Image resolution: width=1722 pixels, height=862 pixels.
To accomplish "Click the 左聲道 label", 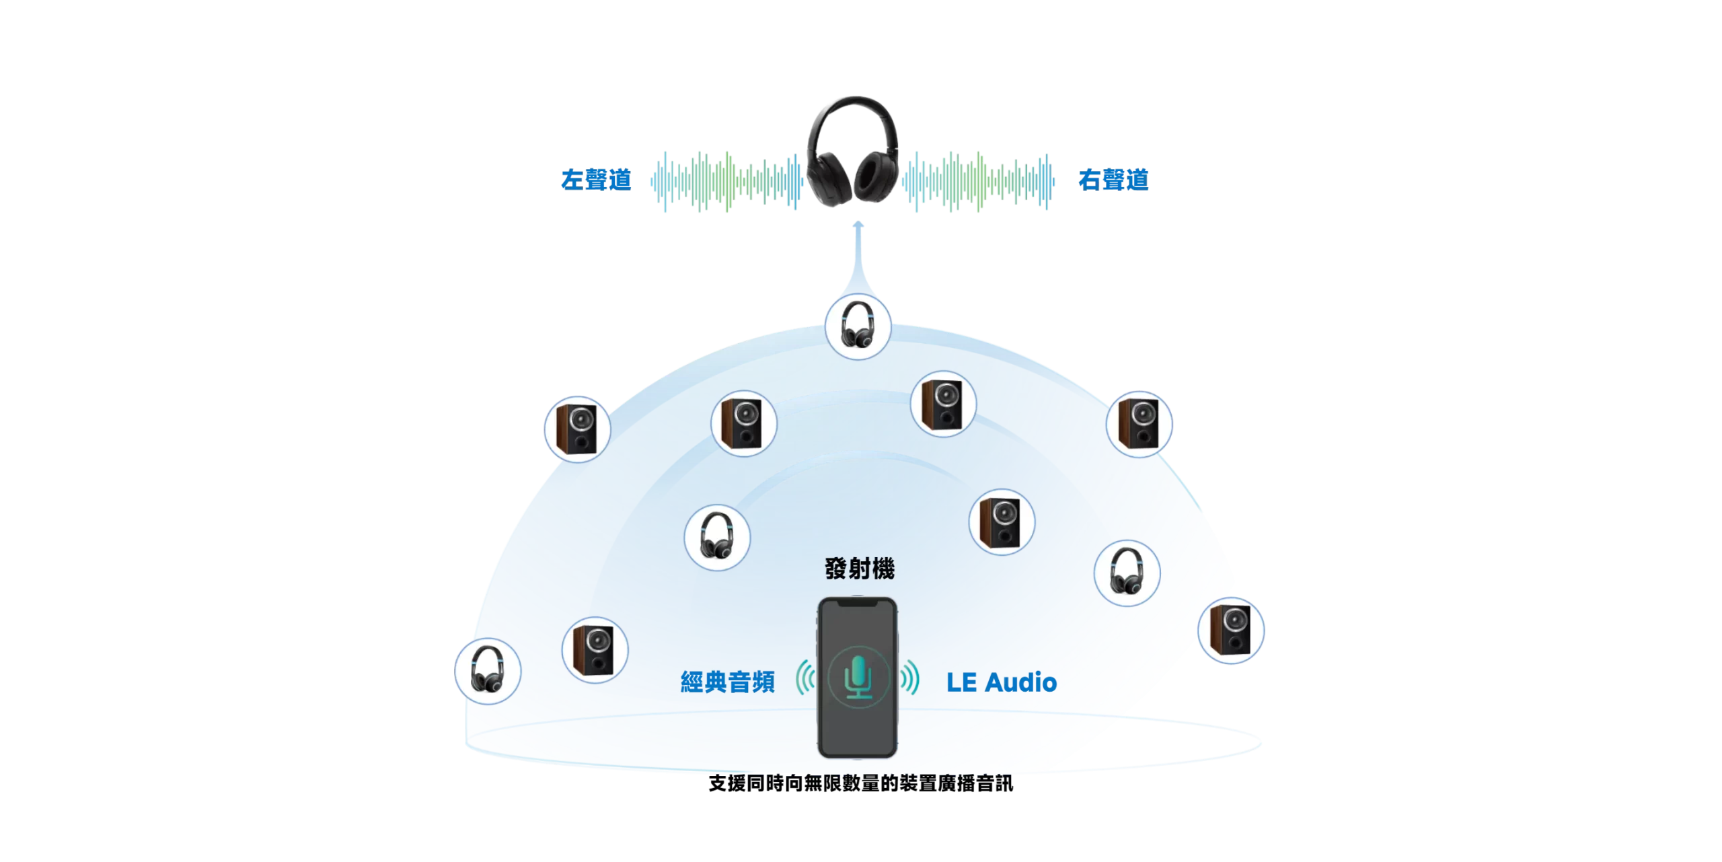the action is (595, 180).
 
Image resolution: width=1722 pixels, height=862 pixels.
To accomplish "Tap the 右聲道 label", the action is (1113, 180).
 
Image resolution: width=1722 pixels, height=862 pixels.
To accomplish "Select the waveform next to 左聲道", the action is (726, 181).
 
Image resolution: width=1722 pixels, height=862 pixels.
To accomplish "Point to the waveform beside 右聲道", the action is (979, 181).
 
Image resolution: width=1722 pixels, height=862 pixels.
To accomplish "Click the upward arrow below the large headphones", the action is (858, 256).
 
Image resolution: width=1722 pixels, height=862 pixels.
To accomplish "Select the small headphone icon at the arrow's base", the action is (858, 326).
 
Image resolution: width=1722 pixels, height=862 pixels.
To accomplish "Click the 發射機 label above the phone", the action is (860, 569).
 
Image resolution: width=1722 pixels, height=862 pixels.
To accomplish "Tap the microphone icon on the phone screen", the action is (858, 677).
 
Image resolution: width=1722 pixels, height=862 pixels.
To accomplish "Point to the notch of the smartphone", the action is (858, 604).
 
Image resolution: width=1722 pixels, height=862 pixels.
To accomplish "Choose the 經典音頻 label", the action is (727, 682).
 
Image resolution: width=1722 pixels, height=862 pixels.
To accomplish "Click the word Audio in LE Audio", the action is (1020, 682).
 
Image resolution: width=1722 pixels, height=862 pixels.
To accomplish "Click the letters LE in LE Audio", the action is (961, 682).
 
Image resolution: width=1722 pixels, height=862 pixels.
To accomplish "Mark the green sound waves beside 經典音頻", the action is (805, 677).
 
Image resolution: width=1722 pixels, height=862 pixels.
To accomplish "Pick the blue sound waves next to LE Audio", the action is (910, 677).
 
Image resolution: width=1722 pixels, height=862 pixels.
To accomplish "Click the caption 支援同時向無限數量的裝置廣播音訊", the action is (860, 783).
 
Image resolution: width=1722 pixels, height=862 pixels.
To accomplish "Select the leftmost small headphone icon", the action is (487, 671).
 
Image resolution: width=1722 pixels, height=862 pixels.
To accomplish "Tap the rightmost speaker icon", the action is (1230, 631).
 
